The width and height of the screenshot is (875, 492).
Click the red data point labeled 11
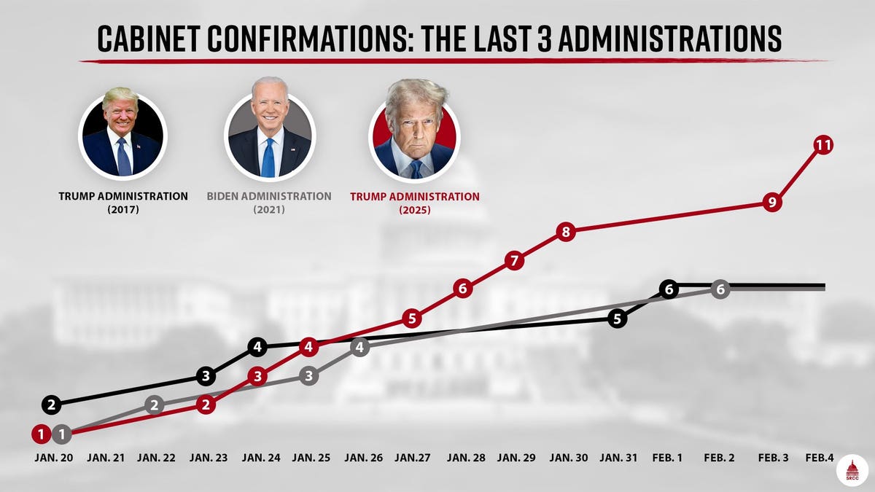(x=823, y=145)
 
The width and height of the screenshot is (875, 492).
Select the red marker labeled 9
(x=772, y=202)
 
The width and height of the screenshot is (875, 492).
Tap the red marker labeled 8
(x=566, y=233)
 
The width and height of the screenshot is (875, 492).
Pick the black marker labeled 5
(x=617, y=319)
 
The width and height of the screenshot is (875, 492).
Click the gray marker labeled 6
(x=720, y=289)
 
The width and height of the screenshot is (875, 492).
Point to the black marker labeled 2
(x=51, y=404)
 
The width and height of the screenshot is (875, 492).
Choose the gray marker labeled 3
(x=308, y=376)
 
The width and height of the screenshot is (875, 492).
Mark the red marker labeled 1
(x=41, y=434)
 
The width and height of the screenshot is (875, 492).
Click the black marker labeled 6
(x=669, y=289)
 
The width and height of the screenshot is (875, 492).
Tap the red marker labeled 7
(x=515, y=260)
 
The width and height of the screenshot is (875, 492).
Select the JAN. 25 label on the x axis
(x=311, y=458)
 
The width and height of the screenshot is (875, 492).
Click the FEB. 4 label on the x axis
(x=820, y=458)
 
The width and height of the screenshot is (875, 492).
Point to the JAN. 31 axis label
(x=618, y=458)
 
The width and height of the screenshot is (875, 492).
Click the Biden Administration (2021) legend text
(x=269, y=202)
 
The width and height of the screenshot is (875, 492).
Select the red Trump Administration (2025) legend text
(x=414, y=202)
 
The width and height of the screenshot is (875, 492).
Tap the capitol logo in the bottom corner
(x=852, y=470)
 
